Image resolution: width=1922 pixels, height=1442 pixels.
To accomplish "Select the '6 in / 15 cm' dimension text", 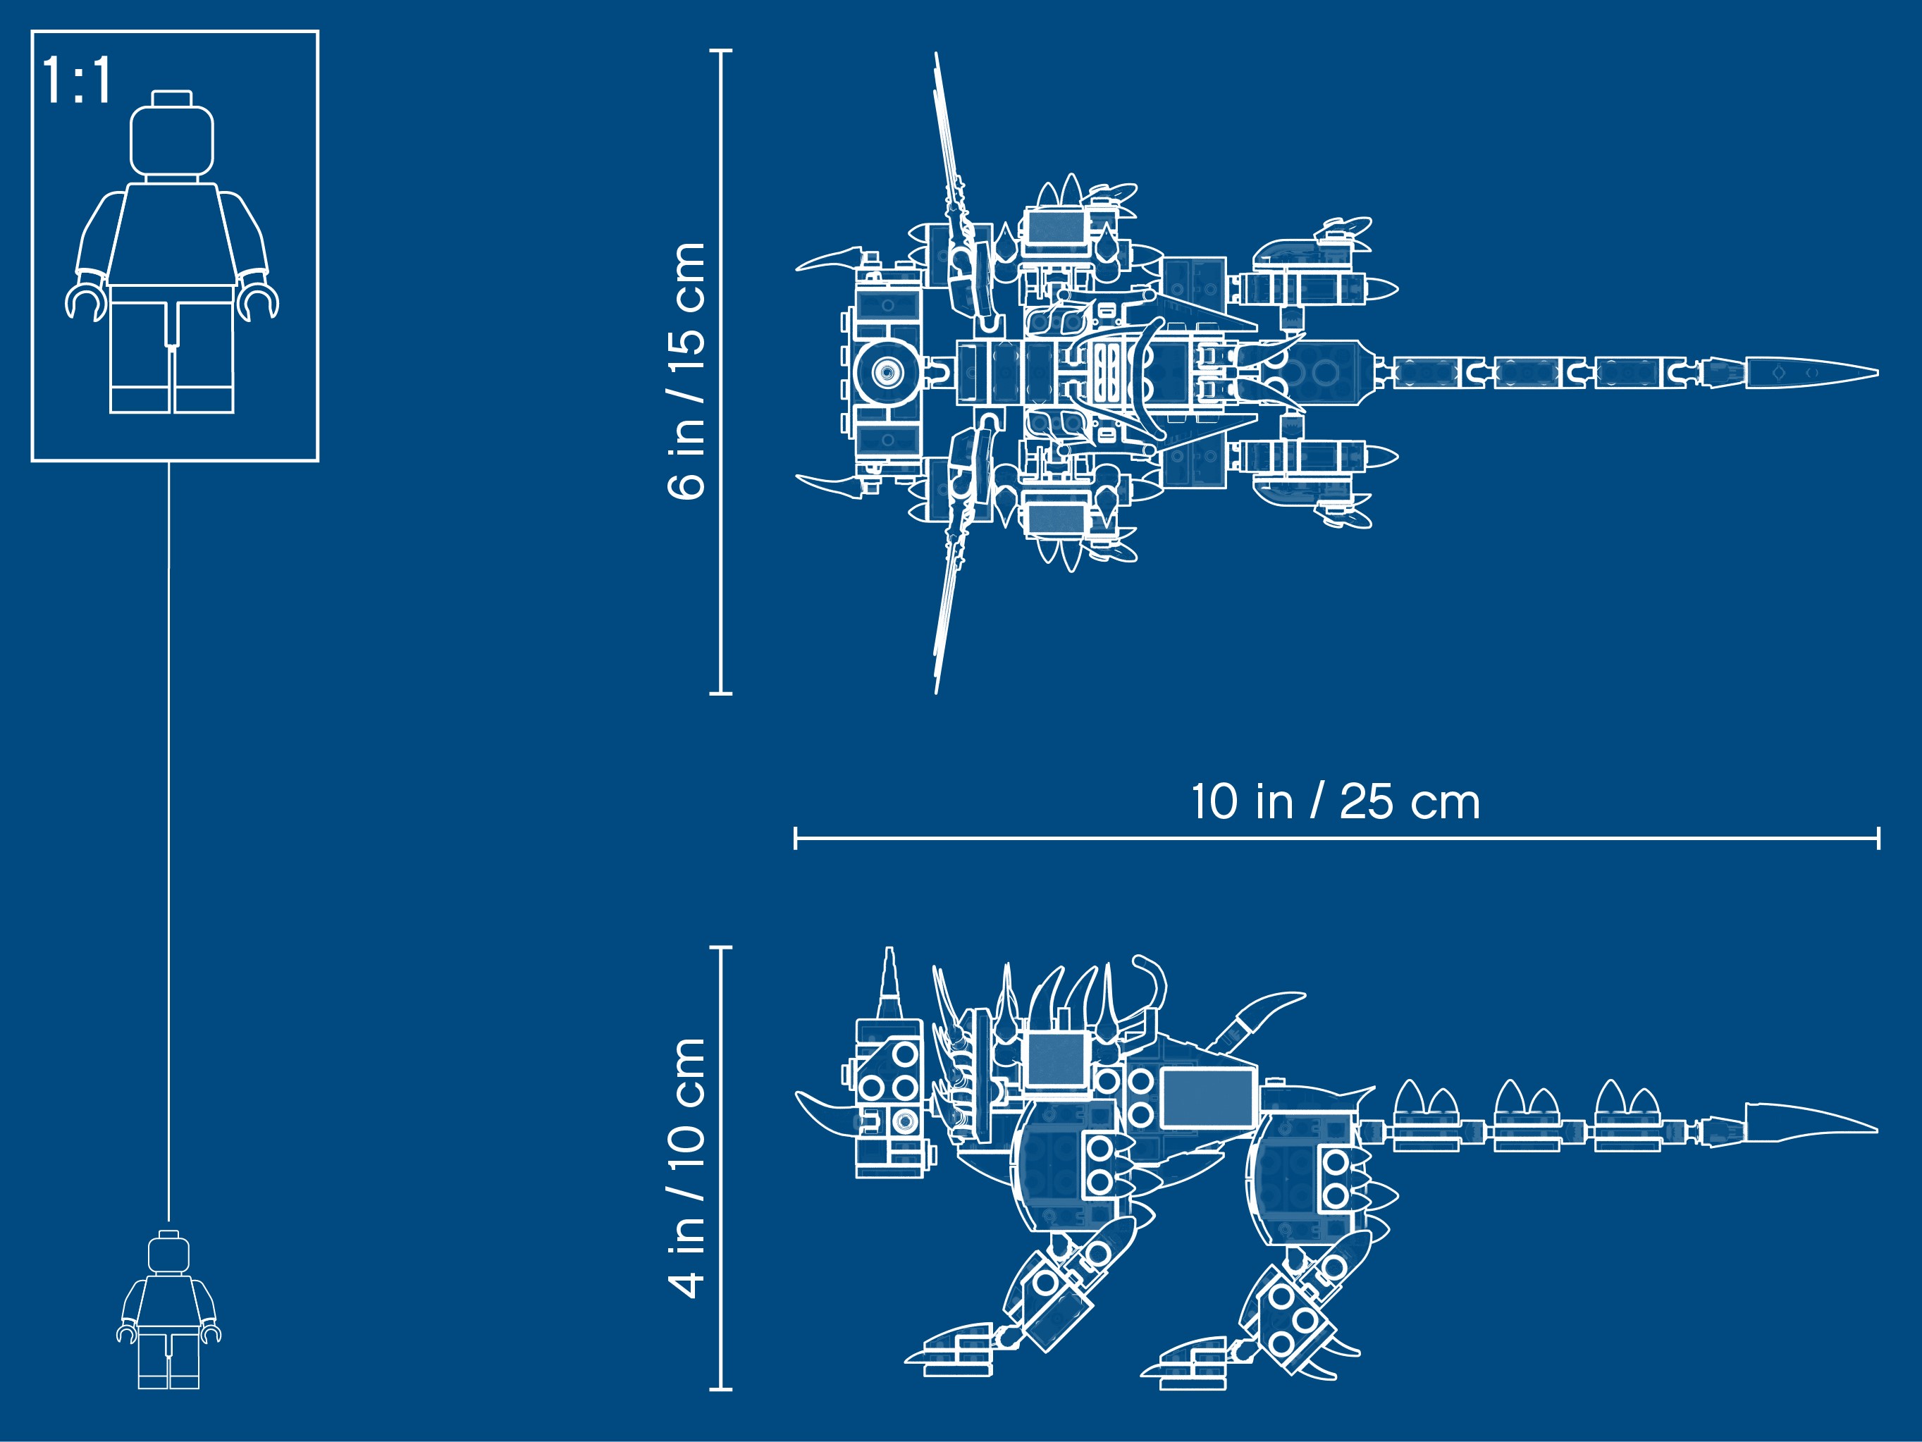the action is point(686,371).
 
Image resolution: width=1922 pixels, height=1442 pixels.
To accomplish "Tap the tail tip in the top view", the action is point(1877,372).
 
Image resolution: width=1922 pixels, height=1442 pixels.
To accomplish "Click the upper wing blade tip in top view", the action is point(937,54).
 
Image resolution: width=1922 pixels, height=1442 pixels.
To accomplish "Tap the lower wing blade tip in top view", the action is point(937,691).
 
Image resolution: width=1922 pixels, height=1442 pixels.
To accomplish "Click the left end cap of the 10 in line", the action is point(795,838).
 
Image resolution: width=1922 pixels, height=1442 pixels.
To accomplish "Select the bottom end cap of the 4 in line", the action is point(720,1389).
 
